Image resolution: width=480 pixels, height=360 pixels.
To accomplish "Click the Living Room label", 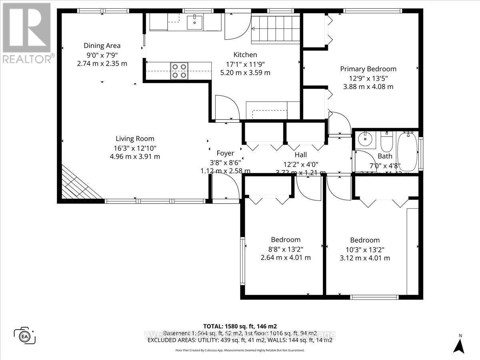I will [135, 139].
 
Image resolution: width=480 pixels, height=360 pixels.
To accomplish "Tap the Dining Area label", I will [102, 46].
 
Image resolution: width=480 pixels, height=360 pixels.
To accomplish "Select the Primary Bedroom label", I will [368, 69].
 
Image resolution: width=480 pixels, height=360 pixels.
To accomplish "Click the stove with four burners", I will [179, 71].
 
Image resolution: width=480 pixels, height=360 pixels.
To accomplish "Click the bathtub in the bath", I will [407, 152].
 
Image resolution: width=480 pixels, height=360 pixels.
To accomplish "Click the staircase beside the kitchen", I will [276, 28].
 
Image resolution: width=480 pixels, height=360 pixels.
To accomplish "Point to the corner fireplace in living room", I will [78, 185].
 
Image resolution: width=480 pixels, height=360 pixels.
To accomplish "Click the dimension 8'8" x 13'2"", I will [286, 249].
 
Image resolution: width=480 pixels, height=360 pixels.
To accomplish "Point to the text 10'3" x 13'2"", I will [364, 249].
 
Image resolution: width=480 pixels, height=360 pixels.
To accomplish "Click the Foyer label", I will [225, 153].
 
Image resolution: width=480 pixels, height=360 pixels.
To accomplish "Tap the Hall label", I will [300, 155].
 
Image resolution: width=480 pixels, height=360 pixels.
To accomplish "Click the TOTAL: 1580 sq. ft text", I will [240, 326].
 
